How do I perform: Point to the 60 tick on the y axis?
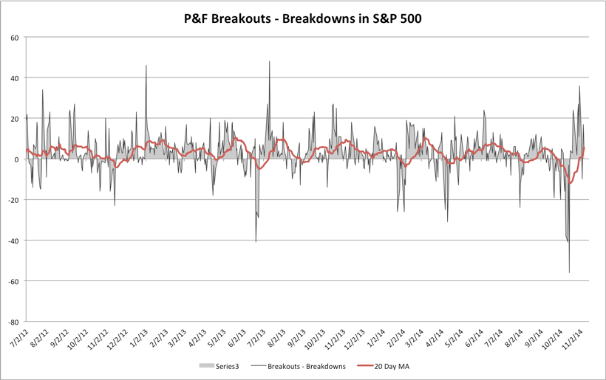pos(15,37)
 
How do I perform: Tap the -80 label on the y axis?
pos(13,322)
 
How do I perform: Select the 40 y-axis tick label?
pos(15,77)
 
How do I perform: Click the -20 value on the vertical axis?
pos(13,200)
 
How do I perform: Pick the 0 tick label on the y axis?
pos(17,159)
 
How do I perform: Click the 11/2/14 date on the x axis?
pos(573,339)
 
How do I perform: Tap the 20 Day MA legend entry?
pos(390,365)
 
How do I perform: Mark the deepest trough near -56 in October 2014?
pos(569,272)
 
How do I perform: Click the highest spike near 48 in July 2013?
pos(269,61)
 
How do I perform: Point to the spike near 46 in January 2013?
pos(146,66)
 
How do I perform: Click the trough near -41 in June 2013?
pos(256,242)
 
